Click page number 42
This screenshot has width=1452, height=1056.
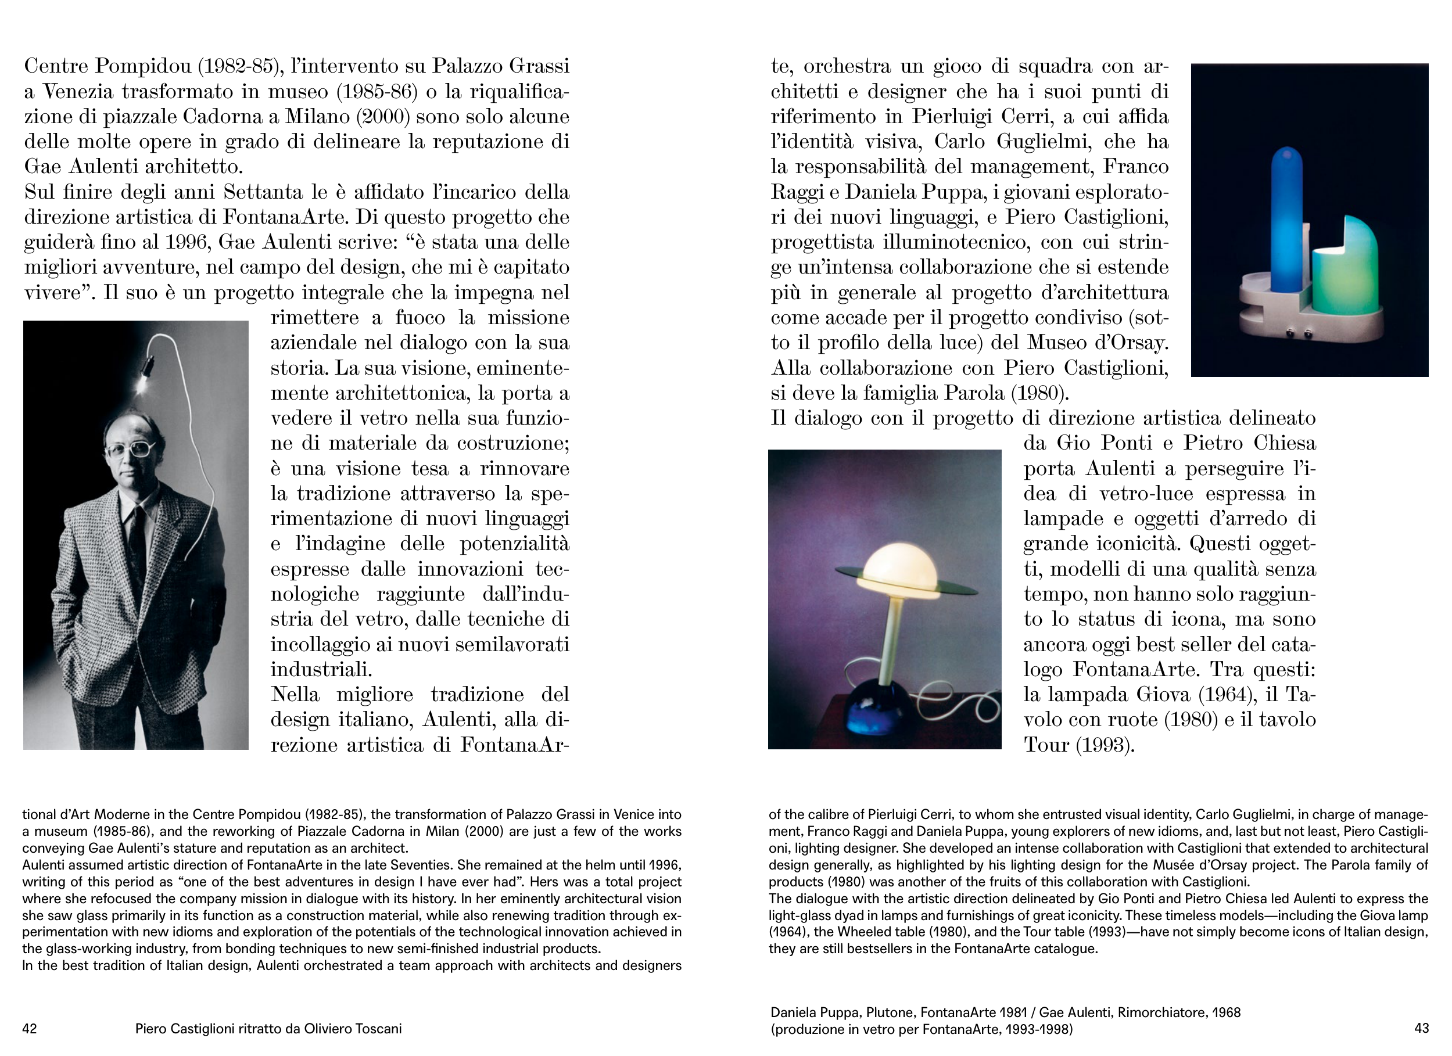point(30,1029)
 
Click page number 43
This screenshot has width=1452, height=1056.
point(1421,1028)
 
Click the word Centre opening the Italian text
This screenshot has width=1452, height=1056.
point(56,66)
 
